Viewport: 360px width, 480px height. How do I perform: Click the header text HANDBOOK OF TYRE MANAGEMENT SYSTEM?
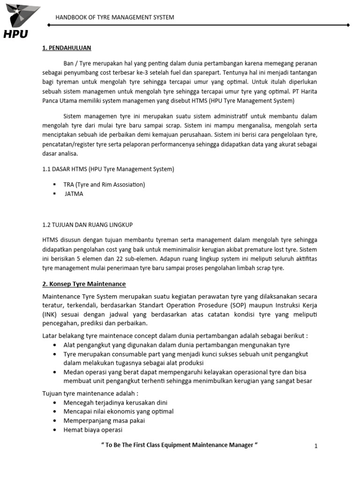click(115, 17)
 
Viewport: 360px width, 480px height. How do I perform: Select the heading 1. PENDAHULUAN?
click(67, 48)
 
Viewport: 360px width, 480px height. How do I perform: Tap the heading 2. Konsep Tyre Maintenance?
click(84, 284)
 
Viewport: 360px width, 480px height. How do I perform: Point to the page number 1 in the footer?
click(316, 446)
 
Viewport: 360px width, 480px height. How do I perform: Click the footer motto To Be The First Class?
click(180, 445)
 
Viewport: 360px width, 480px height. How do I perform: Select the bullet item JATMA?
click(74, 194)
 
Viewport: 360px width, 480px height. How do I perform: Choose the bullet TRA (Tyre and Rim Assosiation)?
click(104, 185)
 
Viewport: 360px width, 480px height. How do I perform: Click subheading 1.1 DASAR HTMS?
click(108, 169)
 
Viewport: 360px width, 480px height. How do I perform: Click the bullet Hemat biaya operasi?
click(93, 430)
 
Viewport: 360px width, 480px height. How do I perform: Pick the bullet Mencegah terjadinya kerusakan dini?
click(115, 402)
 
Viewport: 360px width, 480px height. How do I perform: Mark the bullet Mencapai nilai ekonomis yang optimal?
click(119, 412)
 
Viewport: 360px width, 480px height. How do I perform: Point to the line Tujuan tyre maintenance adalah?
click(91, 393)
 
